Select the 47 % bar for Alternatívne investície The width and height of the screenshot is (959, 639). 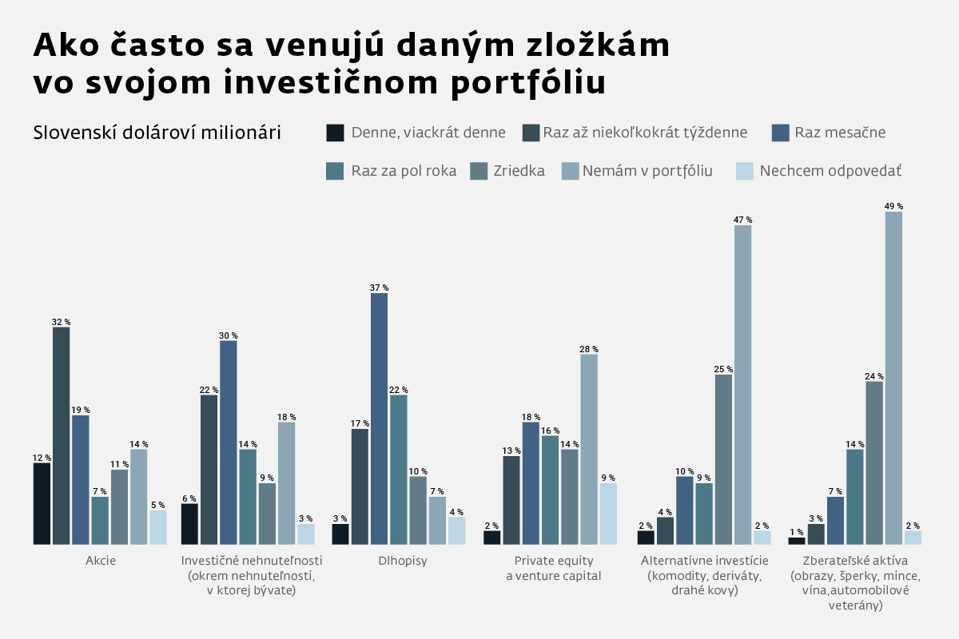tap(742, 384)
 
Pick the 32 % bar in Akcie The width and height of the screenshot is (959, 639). tap(61, 435)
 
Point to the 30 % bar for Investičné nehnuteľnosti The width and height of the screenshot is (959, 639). tap(229, 443)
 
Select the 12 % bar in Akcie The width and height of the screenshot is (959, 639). tap(42, 503)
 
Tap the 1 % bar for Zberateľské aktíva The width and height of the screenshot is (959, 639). tap(797, 541)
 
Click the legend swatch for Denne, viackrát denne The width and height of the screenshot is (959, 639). tap(336, 133)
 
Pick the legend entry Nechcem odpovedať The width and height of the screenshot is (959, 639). tap(830, 171)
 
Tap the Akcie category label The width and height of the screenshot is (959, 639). tap(101, 561)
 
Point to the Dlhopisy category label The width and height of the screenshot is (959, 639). tap(403, 561)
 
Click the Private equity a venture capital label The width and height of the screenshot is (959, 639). tap(553, 568)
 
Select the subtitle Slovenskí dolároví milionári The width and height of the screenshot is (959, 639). tap(157, 133)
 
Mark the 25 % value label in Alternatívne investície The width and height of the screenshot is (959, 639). tap(724, 369)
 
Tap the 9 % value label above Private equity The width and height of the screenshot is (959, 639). tap(608, 478)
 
